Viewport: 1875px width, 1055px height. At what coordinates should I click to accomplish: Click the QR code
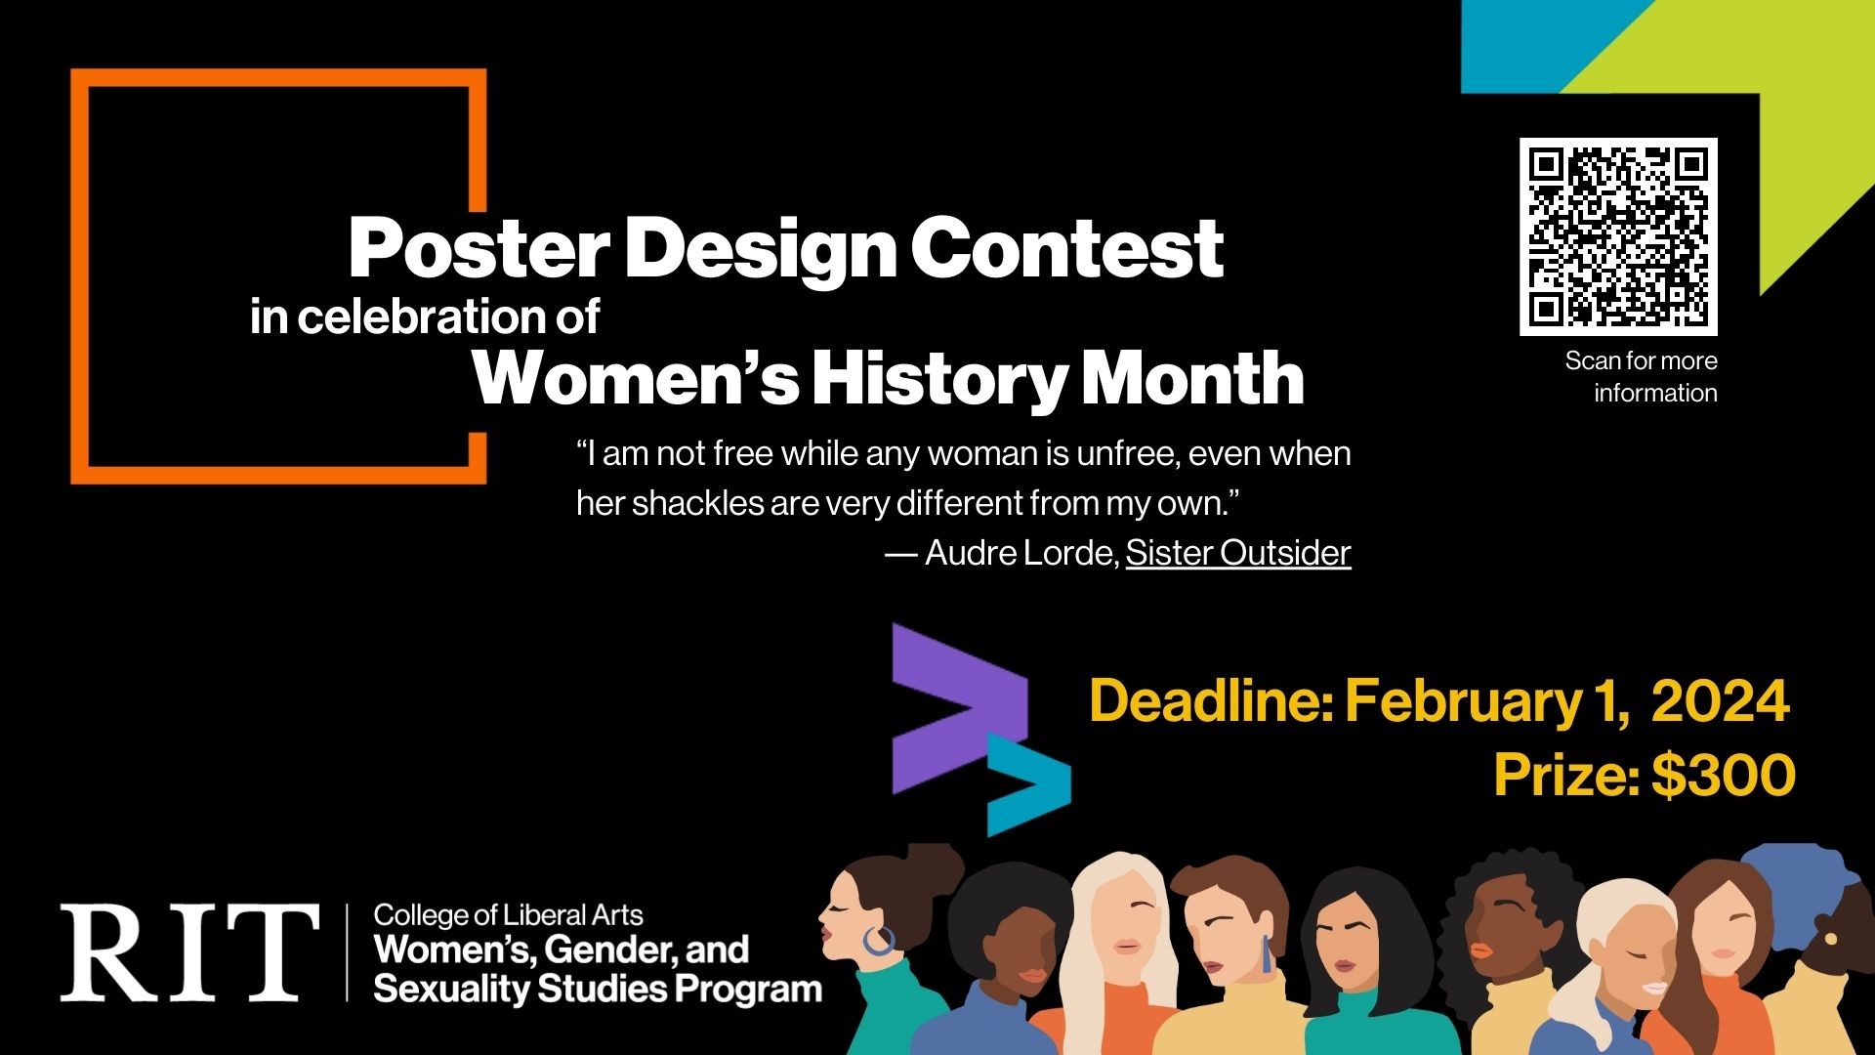coord(1618,236)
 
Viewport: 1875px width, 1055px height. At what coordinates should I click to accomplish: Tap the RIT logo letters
coord(189,952)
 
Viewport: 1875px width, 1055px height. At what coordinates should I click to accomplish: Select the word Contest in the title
coord(1067,249)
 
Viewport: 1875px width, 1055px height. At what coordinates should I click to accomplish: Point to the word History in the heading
coord(940,379)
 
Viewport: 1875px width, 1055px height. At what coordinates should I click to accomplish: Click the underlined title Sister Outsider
coord(1237,553)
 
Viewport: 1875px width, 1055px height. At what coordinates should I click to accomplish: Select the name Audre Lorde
coord(1020,553)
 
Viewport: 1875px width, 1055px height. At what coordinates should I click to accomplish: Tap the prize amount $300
coord(1723,775)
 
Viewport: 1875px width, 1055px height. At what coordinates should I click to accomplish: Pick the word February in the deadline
coord(1461,702)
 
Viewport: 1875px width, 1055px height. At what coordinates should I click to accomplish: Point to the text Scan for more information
coord(1641,377)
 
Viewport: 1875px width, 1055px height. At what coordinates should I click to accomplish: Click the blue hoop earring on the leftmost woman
coord(878,942)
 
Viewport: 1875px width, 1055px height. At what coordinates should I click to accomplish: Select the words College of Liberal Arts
coord(508,915)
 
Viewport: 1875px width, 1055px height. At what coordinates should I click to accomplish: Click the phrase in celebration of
coord(424,317)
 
